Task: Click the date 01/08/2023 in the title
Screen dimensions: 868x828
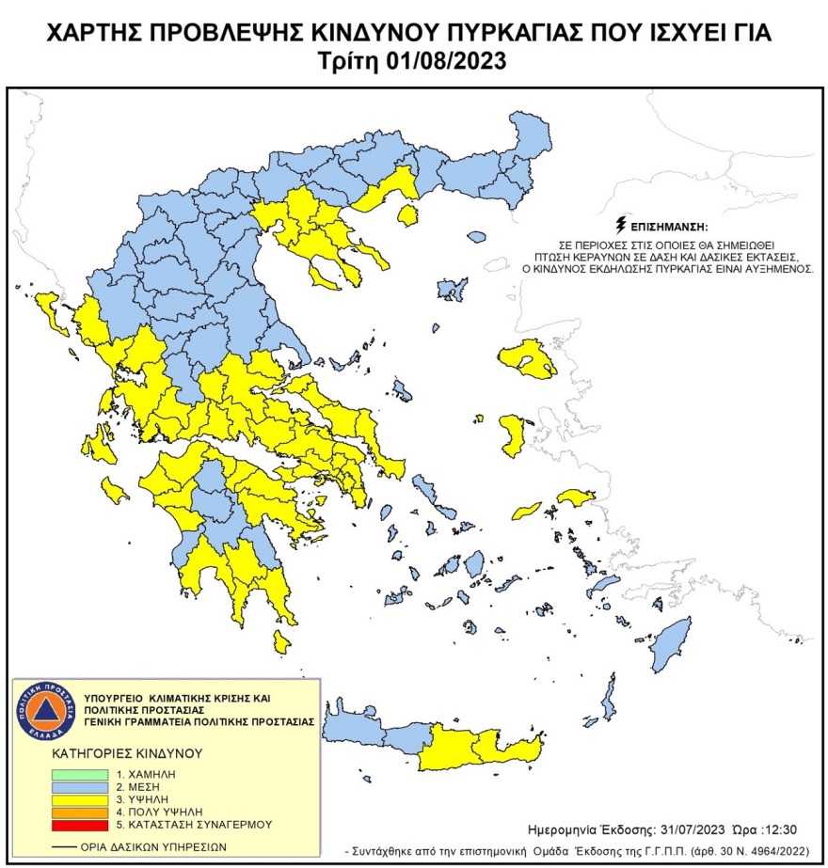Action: pos(449,62)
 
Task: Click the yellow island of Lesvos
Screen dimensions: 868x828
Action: pos(528,358)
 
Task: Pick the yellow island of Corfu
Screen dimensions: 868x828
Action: pos(47,311)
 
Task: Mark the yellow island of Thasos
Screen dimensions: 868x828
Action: pos(408,216)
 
